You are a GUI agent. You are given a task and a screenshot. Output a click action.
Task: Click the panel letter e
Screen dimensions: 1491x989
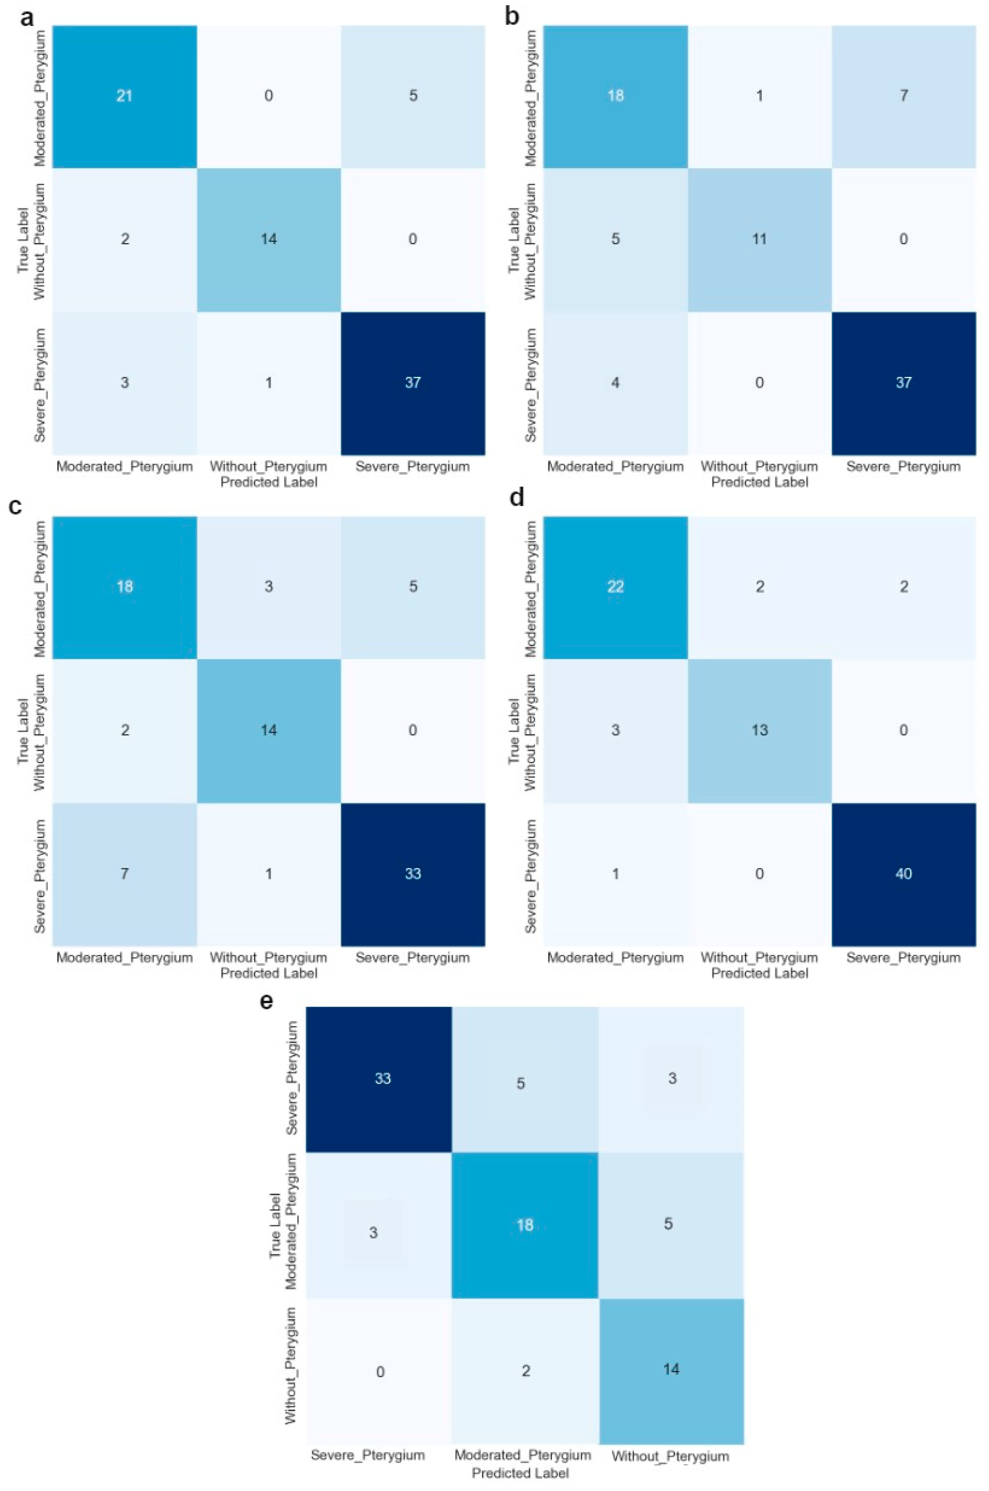tap(267, 1002)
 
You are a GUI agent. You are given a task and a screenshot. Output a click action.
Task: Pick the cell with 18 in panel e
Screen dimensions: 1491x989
tap(525, 1225)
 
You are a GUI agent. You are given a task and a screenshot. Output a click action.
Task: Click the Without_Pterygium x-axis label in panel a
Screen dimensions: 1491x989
tap(269, 467)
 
